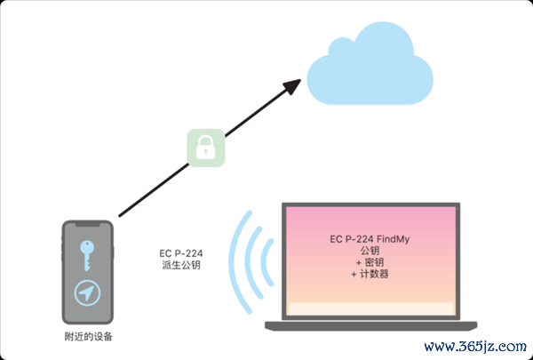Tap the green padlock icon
tap(206, 148)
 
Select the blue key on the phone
tap(87, 255)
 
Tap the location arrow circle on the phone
tap(87, 293)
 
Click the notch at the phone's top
tap(88, 225)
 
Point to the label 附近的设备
tap(88, 337)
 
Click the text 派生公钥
tap(181, 265)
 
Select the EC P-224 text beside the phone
tap(181, 253)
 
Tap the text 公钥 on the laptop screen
tap(370, 251)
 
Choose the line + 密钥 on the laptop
tap(370, 262)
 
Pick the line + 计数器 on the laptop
tap(370, 274)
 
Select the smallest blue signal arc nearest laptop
tap(266, 262)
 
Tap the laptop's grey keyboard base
tap(370, 325)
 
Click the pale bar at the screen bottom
tap(370, 309)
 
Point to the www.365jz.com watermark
tap(475, 347)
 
